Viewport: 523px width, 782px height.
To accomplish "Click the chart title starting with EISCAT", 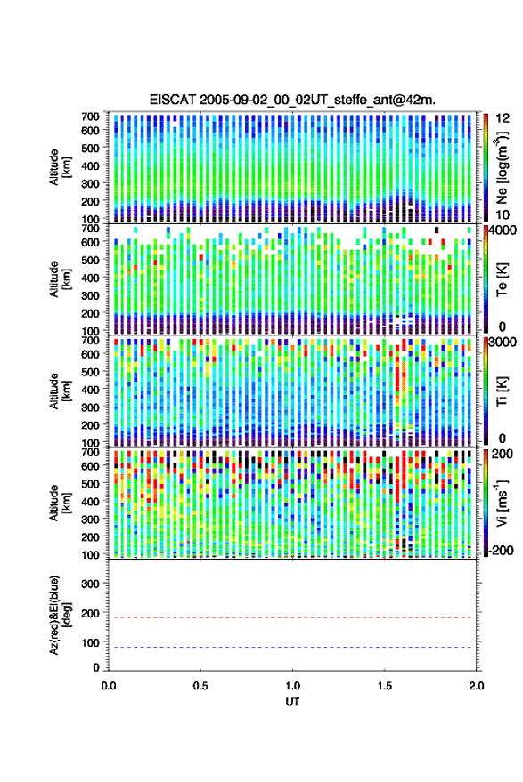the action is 292,100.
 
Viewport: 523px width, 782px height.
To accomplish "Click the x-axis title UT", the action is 292,702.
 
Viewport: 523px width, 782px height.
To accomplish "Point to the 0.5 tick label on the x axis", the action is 200,686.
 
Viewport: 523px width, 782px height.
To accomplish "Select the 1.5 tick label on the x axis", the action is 384,686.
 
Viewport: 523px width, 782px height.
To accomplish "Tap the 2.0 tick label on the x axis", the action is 476,686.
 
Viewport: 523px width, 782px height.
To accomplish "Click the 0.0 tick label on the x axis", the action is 109,686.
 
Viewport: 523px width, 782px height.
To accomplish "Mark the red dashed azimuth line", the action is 292,617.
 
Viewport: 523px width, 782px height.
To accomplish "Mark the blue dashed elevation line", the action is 292,647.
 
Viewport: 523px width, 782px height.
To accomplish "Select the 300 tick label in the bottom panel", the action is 90,584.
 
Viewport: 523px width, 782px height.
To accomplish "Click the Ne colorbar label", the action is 503,167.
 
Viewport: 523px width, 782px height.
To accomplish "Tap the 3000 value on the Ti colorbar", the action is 502,343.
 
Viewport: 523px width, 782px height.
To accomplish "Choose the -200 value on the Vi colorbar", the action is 501,550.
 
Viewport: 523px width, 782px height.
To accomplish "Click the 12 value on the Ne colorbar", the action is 502,118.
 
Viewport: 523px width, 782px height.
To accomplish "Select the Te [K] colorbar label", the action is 502,279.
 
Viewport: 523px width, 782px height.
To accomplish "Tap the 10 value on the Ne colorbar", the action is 502,214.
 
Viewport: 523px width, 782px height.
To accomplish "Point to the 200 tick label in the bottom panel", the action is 90,613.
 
